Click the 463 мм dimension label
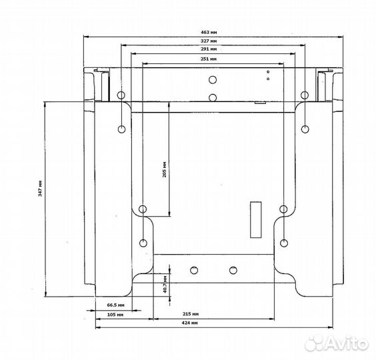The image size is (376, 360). (x=209, y=32)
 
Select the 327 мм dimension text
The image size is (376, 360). (x=209, y=41)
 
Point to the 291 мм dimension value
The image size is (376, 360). (x=209, y=49)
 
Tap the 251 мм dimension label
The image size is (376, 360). (x=209, y=59)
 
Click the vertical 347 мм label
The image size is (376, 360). (x=40, y=188)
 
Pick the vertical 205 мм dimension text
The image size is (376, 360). (x=164, y=169)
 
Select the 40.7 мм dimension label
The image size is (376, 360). (x=165, y=285)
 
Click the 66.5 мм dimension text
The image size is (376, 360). (x=115, y=305)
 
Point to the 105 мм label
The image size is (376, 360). (x=115, y=315)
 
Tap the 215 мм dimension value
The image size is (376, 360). (x=191, y=314)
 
